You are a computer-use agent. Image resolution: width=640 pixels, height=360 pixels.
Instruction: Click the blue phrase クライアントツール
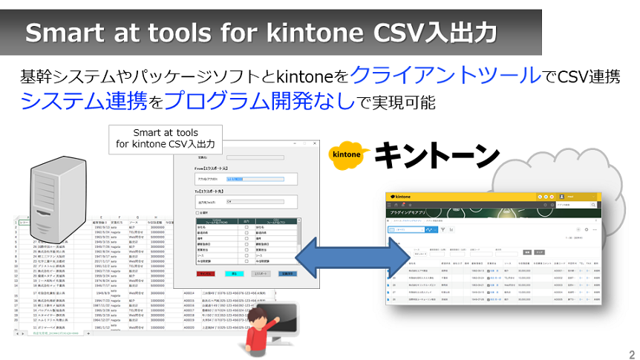(445, 74)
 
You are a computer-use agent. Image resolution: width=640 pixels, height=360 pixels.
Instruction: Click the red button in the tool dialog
(206, 273)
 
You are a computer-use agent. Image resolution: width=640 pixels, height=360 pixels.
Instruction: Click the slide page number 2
(631, 353)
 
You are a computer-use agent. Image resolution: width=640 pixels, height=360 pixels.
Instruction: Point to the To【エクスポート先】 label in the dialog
(220, 191)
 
